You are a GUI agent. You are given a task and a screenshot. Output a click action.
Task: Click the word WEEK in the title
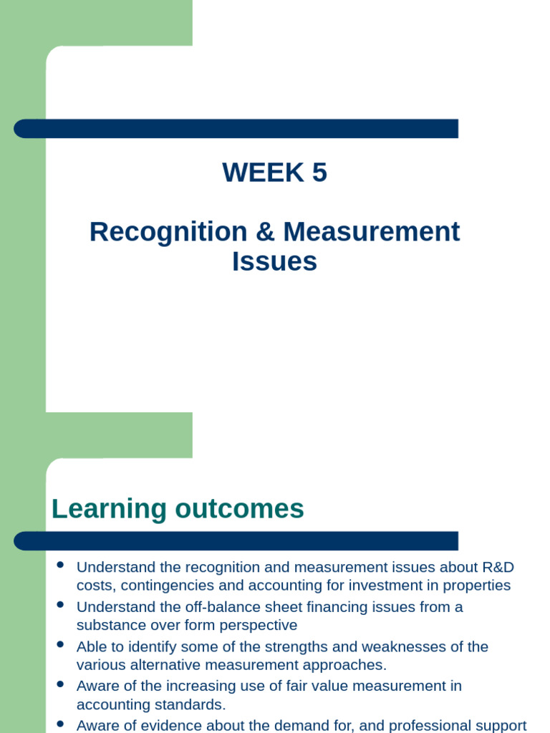(x=253, y=173)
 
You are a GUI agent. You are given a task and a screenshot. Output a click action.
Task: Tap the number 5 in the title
(x=319, y=173)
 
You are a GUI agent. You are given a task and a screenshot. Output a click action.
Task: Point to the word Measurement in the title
(x=371, y=232)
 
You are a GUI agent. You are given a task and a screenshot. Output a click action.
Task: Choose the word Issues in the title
(x=274, y=261)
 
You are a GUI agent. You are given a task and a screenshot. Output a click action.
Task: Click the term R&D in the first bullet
(x=498, y=568)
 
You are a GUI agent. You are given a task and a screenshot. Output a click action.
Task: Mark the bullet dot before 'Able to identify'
(x=60, y=644)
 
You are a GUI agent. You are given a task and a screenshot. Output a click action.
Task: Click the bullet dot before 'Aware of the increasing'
(x=60, y=684)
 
